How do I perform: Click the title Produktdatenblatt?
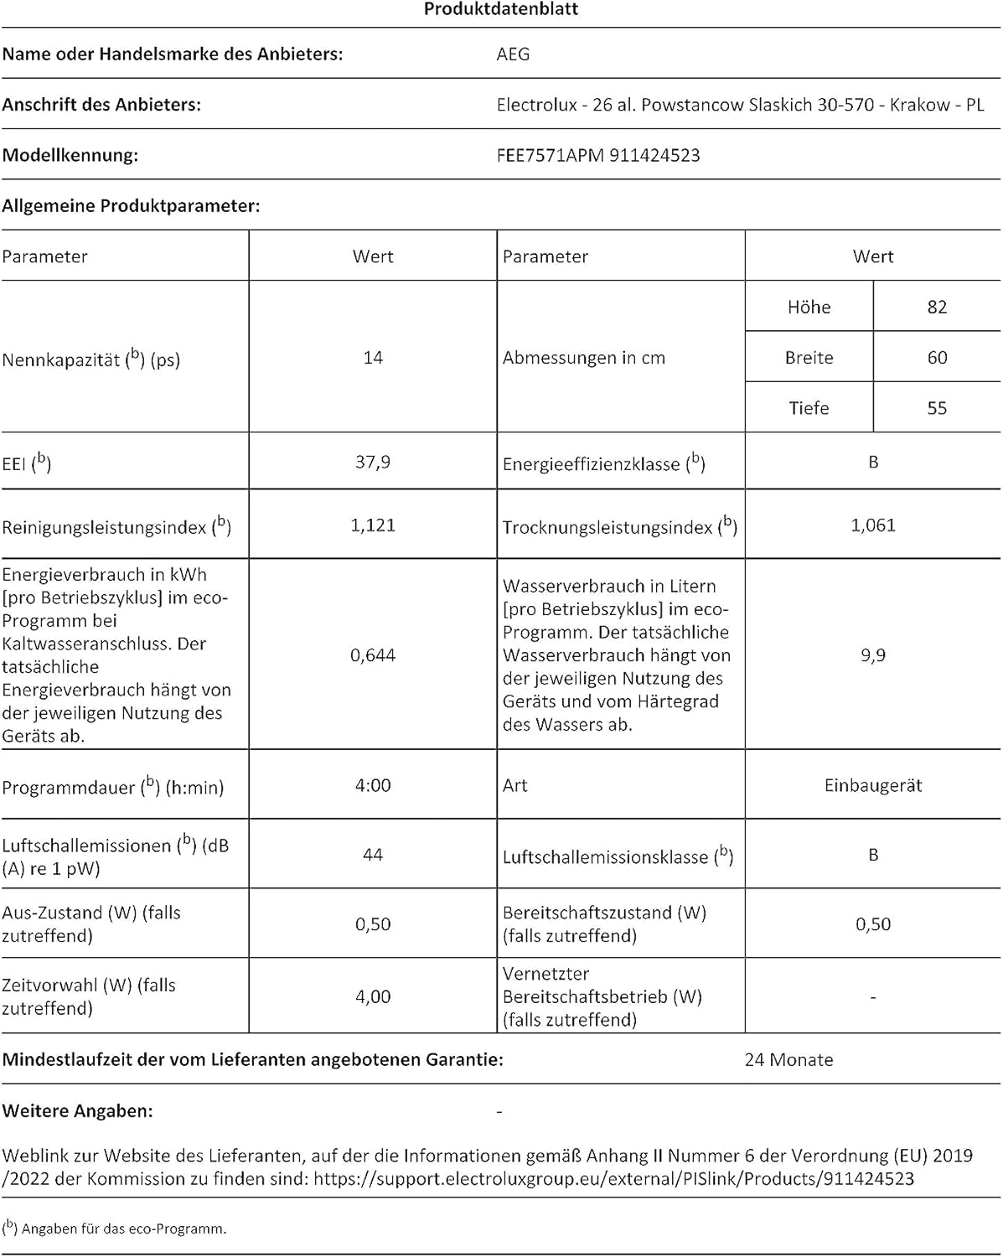(500, 9)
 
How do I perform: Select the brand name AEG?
(513, 54)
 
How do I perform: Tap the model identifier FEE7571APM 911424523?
(597, 155)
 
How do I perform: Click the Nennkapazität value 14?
(373, 358)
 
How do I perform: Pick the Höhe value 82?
(937, 307)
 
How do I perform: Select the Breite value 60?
(937, 358)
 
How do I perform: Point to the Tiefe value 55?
(937, 408)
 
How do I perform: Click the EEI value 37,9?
(373, 462)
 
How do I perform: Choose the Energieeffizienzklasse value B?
(873, 462)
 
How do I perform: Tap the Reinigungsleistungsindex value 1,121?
(373, 525)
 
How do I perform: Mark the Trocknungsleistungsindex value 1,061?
(873, 525)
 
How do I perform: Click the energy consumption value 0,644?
(373, 655)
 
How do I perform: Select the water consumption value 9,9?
(873, 655)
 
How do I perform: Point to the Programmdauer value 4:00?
(373, 785)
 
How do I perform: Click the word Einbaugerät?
(873, 785)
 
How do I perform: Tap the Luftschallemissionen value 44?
(373, 855)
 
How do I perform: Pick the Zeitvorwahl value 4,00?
(373, 996)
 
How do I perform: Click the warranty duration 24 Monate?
(788, 1060)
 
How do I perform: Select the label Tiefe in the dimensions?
(809, 408)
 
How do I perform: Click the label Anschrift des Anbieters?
(101, 105)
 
